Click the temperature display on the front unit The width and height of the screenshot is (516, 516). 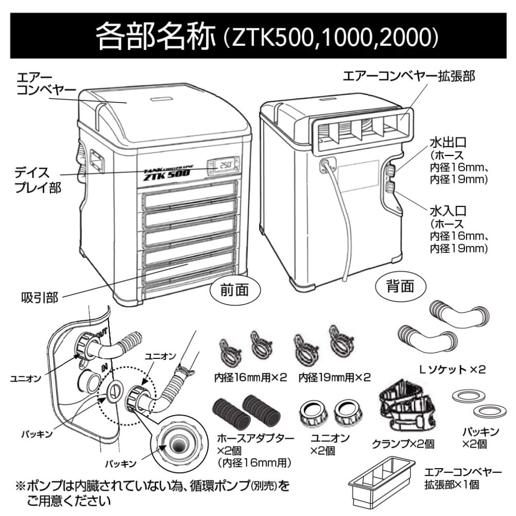pyautogui.click(x=223, y=166)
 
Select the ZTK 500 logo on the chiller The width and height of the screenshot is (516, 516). pyautogui.click(x=164, y=174)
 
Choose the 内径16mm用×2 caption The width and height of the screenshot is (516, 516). pyautogui.click(x=250, y=377)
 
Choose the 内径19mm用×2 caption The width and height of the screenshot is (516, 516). pyautogui.click(x=334, y=377)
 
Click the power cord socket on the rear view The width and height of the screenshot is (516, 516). pyautogui.click(x=326, y=165)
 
